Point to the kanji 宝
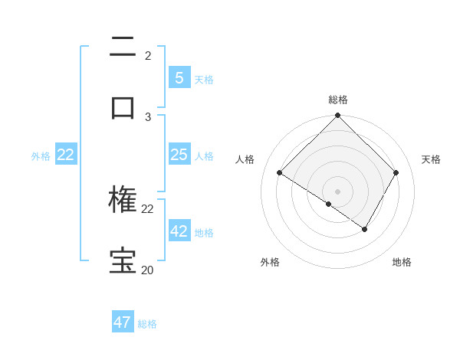[123, 260]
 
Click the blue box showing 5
[179, 77]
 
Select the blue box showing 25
[179, 155]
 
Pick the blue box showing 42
[179, 231]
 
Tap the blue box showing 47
[123, 322]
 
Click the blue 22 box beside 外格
[65, 155]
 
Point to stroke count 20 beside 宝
[147, 270]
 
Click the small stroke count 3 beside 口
[148, 116]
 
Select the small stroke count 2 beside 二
[148, 56]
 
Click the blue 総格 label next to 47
[147, 324]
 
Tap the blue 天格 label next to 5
[204, 79]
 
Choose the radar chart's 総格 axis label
[338, 100]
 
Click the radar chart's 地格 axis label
[402, 262]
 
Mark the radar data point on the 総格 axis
[338, 116]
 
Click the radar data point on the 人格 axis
[280, 173]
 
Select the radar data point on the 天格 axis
[396, 173]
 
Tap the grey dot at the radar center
[338, 191]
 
